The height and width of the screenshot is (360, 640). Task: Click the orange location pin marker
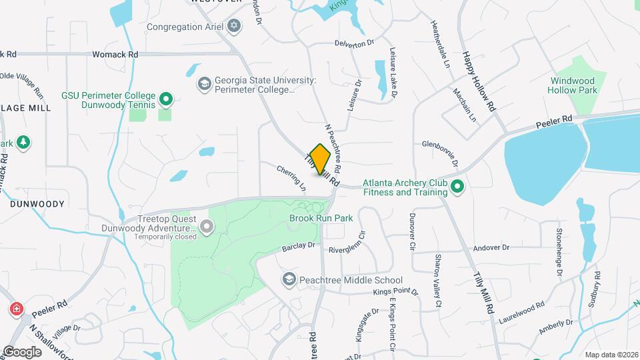tap(320, 158)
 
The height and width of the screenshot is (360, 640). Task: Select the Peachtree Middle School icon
tap(289, 278)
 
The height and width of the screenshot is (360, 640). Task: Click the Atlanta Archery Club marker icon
tap(457, 187)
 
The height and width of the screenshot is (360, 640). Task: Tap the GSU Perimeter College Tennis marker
tap(167, 101)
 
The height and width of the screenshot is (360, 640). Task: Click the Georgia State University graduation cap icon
tap(204, 85)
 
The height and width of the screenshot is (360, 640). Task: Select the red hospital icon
tap(15, 309)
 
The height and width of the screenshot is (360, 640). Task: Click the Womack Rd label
tap(115, 54)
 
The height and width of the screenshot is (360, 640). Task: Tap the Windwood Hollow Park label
tap(572, 85)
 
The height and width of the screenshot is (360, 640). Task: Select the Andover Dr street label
tap(491, 247)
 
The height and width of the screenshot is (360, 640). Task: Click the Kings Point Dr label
tap(395, 292)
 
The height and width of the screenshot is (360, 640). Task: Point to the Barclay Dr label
tap(298, 245)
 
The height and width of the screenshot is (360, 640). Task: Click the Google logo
tap(22, 351)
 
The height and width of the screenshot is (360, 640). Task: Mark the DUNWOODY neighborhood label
tap(37, 204)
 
